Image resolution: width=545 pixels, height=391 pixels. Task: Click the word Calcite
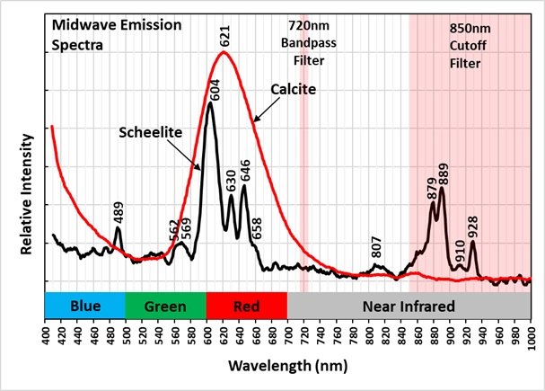click(x=289, y=90)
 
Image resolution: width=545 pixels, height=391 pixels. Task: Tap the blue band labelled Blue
click(x=85, y=306)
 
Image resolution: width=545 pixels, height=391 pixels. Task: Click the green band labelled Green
click(x=165, y=306)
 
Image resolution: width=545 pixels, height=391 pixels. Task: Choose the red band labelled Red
click(x=246, y=306)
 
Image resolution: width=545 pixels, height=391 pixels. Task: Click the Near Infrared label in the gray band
click(x=409, y=306)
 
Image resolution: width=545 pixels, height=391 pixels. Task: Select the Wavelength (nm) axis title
click(x=287, y=367)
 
